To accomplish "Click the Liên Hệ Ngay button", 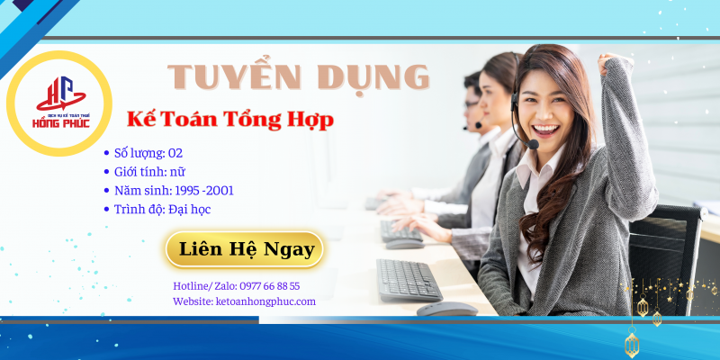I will click(x=243, y=249).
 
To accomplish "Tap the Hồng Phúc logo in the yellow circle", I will click(x=58, y=104).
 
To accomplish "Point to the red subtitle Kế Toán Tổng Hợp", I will click(x=230, y=118).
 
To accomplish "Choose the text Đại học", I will click(x=189, y=210).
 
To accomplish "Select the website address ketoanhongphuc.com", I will click(x=266, y=301).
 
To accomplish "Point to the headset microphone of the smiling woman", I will click(x=534, y=144).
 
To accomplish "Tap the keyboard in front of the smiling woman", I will click(x=409, y=280).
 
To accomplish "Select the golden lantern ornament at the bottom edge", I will click(x=632, y=343).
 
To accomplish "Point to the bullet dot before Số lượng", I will click(x=108, y=154).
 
